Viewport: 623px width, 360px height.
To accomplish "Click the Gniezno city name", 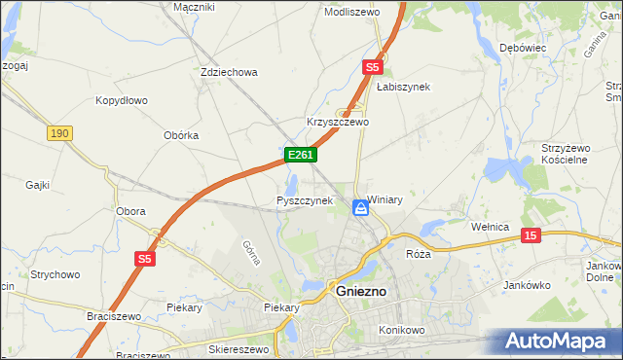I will [361, 291].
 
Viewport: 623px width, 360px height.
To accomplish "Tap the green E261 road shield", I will [299, 155].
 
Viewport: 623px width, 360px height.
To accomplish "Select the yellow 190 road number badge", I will [58, 133].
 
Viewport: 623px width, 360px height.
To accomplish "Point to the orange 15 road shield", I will [531, 235].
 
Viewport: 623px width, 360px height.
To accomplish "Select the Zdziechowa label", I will [228, 72].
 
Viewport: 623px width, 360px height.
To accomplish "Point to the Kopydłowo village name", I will [121, 100].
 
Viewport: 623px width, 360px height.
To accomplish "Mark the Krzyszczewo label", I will [338, 123].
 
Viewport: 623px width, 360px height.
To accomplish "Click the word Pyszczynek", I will [305, 200].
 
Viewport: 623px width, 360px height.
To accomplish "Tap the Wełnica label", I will [491, 227].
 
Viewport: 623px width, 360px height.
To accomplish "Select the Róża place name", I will [418, 253].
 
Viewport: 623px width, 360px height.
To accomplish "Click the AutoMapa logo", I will [559, 342].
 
